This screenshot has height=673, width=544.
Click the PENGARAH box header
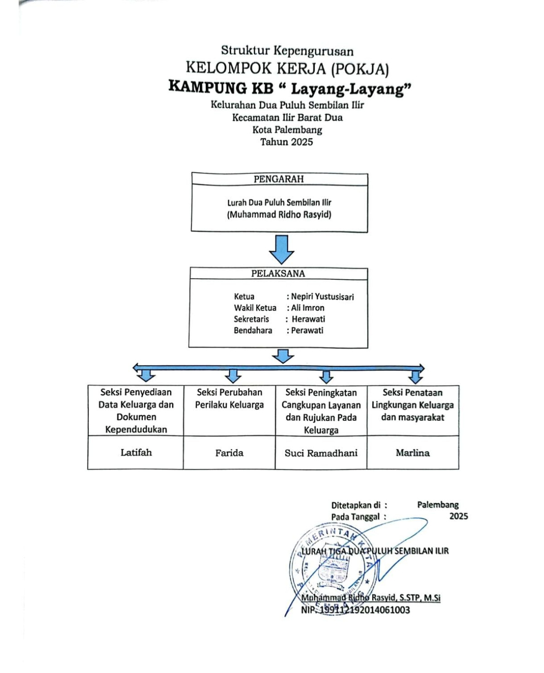pos(279,179)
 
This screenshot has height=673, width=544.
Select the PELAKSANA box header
pos(278,273)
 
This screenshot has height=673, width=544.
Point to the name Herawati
pos(308,319)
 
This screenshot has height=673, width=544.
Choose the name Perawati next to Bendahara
pos(307,331)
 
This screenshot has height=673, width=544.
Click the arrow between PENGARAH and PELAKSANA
pos(282,249)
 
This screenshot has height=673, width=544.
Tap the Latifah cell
pos(136,453)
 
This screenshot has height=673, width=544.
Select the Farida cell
pos(229,453)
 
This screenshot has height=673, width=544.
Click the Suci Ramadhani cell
pos(321,453)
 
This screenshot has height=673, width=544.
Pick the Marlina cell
pos(413,453)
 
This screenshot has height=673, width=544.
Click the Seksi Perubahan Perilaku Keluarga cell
pos(229,399)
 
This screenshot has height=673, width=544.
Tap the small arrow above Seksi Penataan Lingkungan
pos(415,377)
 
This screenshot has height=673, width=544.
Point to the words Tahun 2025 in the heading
pos(287,142)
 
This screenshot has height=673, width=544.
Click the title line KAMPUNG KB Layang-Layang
pos(290,88)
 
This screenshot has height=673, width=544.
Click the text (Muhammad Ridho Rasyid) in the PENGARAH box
pos(279,215)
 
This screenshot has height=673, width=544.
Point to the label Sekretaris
pos(251,319)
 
